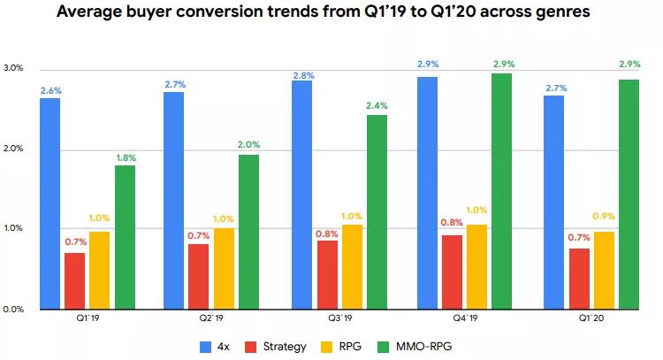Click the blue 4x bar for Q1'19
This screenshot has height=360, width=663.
click(x=50, y=203)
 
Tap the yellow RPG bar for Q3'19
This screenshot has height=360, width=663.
click(x=352, y=266)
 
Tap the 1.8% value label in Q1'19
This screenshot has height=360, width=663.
click(x=125, y=157)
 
